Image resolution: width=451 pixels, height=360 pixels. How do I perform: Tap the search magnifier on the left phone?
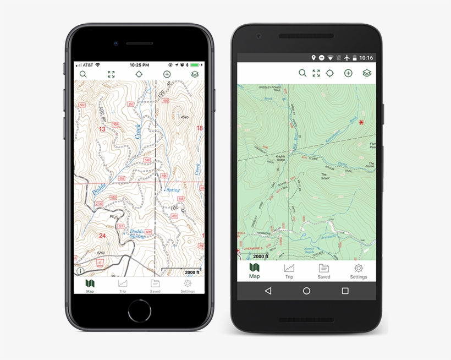click(x=83, y=74)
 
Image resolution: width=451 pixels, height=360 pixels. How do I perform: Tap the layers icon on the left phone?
click(x=195, y=74)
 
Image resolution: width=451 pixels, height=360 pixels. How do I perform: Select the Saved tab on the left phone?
click(x=155, y=286)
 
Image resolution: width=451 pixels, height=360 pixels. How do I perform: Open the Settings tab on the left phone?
click(x=188, y=286)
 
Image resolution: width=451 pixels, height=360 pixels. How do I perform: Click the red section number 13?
click(x=102, y=128)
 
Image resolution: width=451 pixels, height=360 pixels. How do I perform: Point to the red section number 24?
click(x=102, y=235)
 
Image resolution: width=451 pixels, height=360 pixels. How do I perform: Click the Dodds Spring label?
click(x=137, y=233)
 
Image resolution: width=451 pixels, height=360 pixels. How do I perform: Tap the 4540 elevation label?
click(x=185, y=117)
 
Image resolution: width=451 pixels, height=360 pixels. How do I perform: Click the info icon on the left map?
click(x=80, y=271)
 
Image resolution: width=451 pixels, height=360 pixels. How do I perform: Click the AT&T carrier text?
click(x=87, y=64)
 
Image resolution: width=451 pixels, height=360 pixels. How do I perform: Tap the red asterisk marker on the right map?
click(x=361, y=122)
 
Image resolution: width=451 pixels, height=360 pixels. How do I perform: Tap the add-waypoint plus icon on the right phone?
click(x=348, y=73)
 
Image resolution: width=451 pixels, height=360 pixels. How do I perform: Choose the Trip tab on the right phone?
click(x=289, y=271)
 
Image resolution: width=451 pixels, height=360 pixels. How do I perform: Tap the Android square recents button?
click(x=345, y=291)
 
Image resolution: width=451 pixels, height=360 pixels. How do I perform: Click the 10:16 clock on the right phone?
click(x=366, y=58)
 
